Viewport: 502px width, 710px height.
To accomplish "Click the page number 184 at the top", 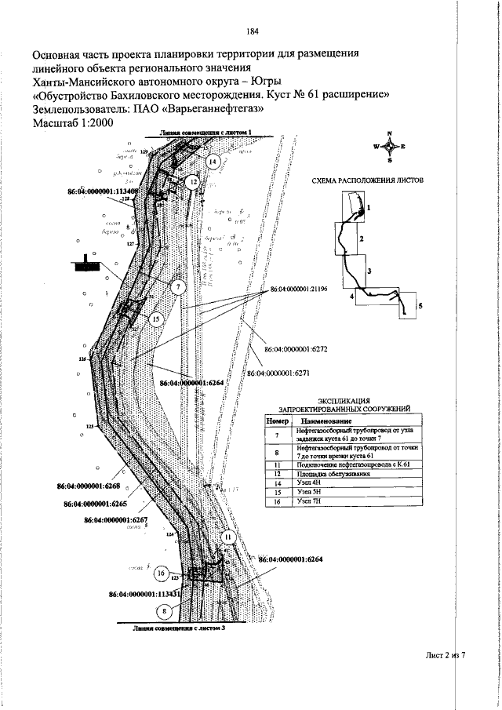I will pyautogui.click(x=252, y=32).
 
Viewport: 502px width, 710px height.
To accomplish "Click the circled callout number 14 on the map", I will pyautogui.click(x=213, y=161).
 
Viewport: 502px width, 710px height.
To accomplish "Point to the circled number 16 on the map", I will pyautogui.click(x=161, y=573).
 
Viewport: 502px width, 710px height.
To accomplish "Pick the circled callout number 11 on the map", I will pyautogui.click(x=228, y=537).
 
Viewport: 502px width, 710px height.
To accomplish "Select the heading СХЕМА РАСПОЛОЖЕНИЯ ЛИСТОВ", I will pyautogui.click(x=367, y=180).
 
